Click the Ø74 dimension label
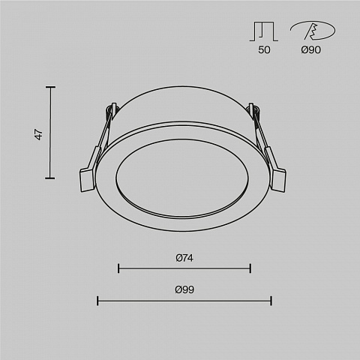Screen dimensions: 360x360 [184, 258]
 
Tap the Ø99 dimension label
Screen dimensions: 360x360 [184, 289]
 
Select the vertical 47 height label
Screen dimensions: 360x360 [39, 134]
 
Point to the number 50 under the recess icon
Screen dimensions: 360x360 [264, 49]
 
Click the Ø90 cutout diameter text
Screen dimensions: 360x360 [310, 49]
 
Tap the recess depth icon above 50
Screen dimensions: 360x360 [264, 31]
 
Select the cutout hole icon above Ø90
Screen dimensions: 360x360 [313, 31]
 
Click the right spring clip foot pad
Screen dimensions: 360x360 [280, 181]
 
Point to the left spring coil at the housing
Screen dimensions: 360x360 [111, 109]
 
